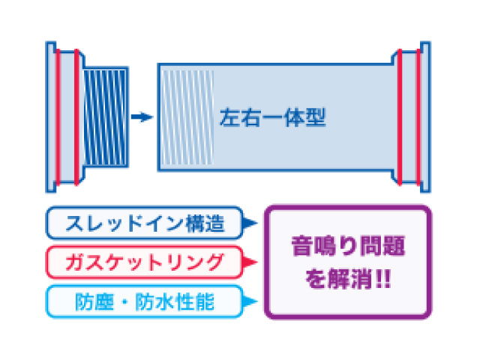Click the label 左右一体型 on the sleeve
click(x=272, y=118)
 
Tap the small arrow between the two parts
click(x=142, y=117)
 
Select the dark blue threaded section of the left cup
click(x=106, y=118)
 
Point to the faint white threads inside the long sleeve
click(x=187, y=117)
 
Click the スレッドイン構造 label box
click(x=145, y=223)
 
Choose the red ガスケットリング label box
click(x=145, y=262)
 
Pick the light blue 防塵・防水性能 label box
click(x=145, y=301)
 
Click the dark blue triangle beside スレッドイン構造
click(x=250, y=223)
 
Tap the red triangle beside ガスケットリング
click(x=250, y=262)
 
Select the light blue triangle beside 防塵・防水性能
click(x=250, y=301)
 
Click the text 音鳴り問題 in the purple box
click(x=348, y=245)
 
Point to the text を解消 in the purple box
click(x=339, y=278)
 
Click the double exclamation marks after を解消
click(x=383, y=278)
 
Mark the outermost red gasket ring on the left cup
click(x=58, y=117)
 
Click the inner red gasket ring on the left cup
click(x=76, y=117)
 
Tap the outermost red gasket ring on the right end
click(x=418, y=117)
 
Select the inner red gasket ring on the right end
click(x=400, y=117)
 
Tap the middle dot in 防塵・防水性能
click(x=124, y=301)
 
